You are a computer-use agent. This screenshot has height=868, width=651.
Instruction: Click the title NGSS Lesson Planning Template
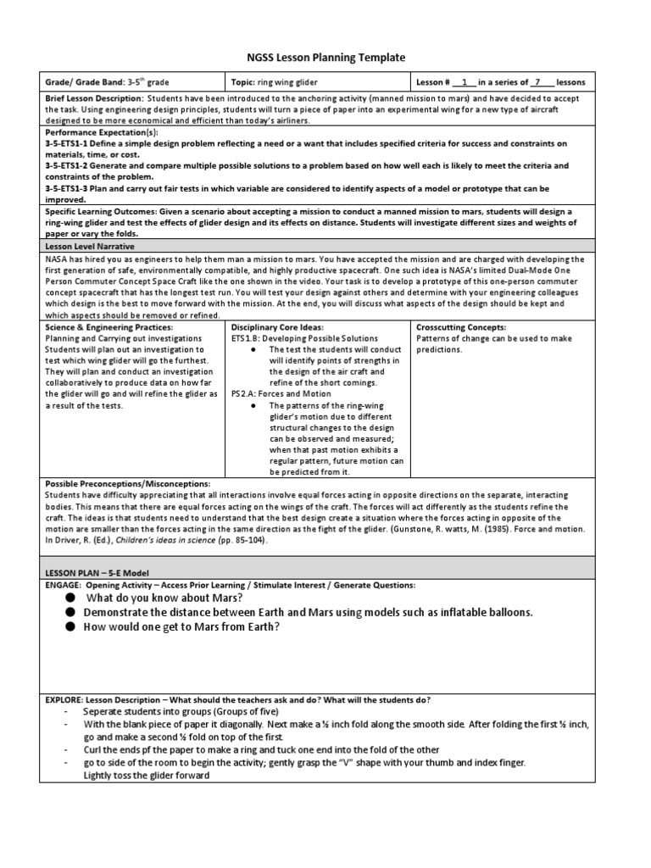click(326, 58)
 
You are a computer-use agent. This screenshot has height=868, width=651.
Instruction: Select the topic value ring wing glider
click(287, 82)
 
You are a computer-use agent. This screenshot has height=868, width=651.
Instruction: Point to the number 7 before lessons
click(536, 82)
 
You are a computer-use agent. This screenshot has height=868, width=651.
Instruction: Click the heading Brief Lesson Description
click(94, 98)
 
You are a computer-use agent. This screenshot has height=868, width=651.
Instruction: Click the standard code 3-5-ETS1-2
click(69, 166)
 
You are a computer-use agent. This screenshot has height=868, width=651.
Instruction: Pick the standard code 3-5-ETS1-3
click(69, 188)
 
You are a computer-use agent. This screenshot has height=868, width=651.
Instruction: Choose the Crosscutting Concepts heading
click(461, 327)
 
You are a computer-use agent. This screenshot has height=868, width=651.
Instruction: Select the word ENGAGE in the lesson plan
click(62, 585)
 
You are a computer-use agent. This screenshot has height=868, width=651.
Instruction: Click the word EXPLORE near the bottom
click(64, 699)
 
